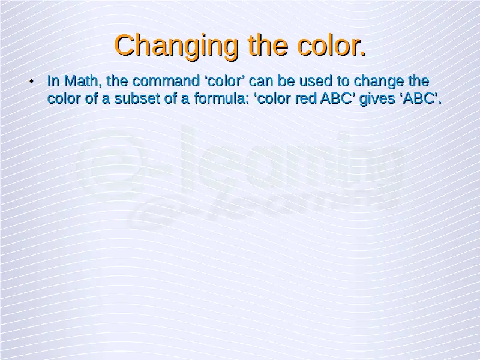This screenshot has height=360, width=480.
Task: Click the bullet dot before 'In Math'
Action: click(31, 82)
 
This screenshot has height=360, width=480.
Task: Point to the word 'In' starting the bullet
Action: click(53, 81)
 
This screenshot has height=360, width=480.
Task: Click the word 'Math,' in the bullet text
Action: click(83, 81)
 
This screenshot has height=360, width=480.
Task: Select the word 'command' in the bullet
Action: click(166, 81)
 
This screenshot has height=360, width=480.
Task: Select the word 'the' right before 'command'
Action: click(117, 81)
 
